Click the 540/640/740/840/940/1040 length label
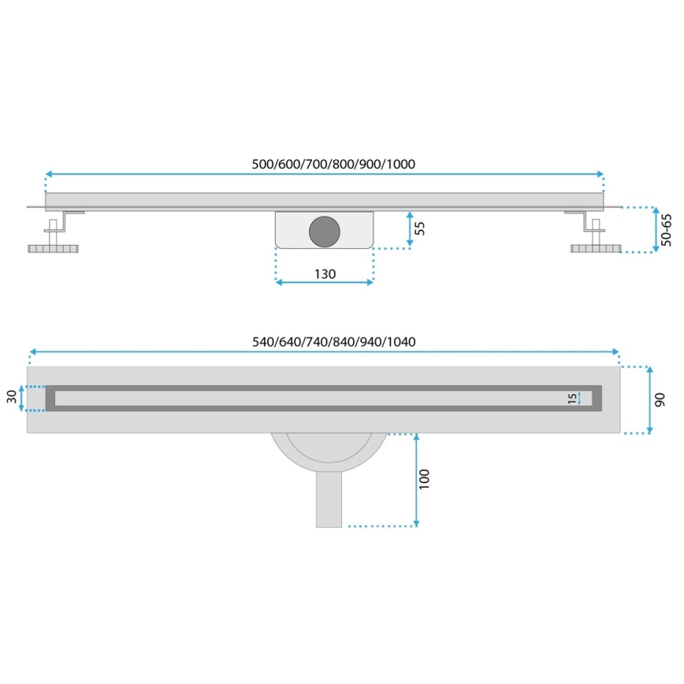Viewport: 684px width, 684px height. pos(333,341)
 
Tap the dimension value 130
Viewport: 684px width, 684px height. pos(325,273)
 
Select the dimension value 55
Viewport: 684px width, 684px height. pos(419,229)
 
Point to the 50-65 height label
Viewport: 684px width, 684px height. pos(666,230)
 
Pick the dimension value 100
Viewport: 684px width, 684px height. pos(426,479)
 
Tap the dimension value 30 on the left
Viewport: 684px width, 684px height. pos(12,398)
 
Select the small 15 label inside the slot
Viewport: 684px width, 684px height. pos(571,399)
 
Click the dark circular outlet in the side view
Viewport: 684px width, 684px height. pos(324,230)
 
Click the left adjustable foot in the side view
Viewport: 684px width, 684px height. pos(54,249)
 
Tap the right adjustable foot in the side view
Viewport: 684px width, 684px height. pos(597,249)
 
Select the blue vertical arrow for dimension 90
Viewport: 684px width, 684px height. pos(649,400)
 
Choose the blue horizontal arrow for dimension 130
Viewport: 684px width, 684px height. pos(324,283)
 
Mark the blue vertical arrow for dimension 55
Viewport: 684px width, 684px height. pos(409,229)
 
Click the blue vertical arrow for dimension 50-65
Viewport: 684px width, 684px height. pos(656,230)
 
